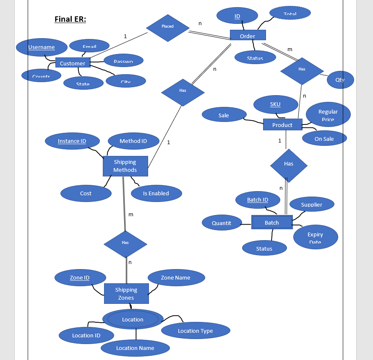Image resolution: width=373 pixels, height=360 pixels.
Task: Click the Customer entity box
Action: tap(73, 63)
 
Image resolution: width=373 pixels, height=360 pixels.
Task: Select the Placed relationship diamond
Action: tap(167, 28)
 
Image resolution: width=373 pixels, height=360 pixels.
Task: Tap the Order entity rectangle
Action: tap(248, 36)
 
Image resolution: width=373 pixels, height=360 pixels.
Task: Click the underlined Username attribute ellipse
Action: tap(42, 47)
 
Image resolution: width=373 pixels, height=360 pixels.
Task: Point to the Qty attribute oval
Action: tap(340, 80)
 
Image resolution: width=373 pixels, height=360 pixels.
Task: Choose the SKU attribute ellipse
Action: tap(275, 104)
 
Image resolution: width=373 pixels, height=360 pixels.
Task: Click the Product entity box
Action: tap(282, 124)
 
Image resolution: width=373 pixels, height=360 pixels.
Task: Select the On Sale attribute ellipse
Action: tap(324, 138)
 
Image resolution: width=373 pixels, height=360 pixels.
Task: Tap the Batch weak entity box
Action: tap(271, 222)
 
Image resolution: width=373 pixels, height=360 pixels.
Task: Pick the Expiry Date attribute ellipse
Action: tap(315, 237)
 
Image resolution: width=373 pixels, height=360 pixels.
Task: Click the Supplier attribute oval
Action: tap(312, 204)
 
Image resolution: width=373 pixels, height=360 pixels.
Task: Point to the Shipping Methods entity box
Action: tap(125, 166)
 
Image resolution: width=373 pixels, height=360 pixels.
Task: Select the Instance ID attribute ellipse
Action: tap(72, 141)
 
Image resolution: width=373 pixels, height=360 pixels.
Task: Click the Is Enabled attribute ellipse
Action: tap(156, 193)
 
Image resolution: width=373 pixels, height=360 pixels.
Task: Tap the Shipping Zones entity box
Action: tap(126, 293)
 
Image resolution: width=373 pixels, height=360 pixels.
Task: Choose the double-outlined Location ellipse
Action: tap(133, 319)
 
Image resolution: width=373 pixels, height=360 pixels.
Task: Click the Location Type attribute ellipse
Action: tap(196, 331)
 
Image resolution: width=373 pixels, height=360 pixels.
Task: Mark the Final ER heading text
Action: tap(70, 19)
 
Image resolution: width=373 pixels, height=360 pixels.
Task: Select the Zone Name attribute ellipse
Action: tap(176, 277)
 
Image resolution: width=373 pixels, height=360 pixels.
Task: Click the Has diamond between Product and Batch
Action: tap(289, 165)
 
